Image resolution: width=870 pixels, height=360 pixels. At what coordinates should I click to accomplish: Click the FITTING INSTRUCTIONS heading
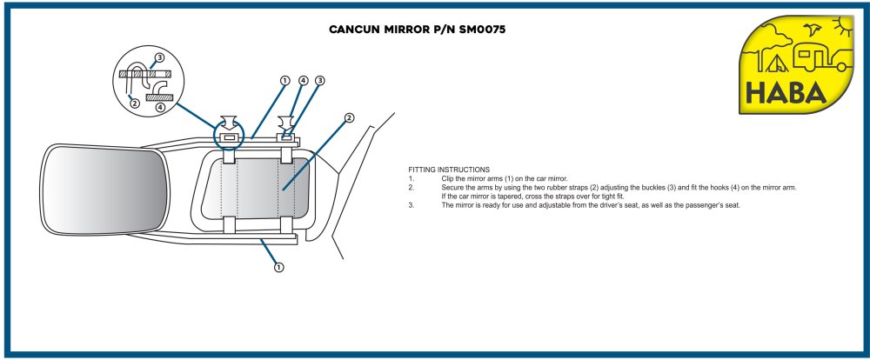[449, 169]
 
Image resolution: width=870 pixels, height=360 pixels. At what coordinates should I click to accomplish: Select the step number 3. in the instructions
[412, 205]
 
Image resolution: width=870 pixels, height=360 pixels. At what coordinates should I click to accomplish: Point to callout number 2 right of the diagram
[349, 117]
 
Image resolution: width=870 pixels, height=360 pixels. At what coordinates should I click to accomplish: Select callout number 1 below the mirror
[279, 267]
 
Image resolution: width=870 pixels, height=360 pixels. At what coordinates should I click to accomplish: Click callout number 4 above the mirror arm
[303, 81]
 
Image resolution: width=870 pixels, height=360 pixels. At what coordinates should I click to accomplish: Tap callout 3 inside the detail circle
[159, 58]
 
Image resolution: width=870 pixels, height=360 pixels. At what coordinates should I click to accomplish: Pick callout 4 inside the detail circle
[159, 107]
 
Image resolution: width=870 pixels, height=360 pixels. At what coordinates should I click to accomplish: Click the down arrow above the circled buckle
[230, 121]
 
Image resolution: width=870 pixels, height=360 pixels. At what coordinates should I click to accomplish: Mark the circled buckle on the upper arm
[230, 138]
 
